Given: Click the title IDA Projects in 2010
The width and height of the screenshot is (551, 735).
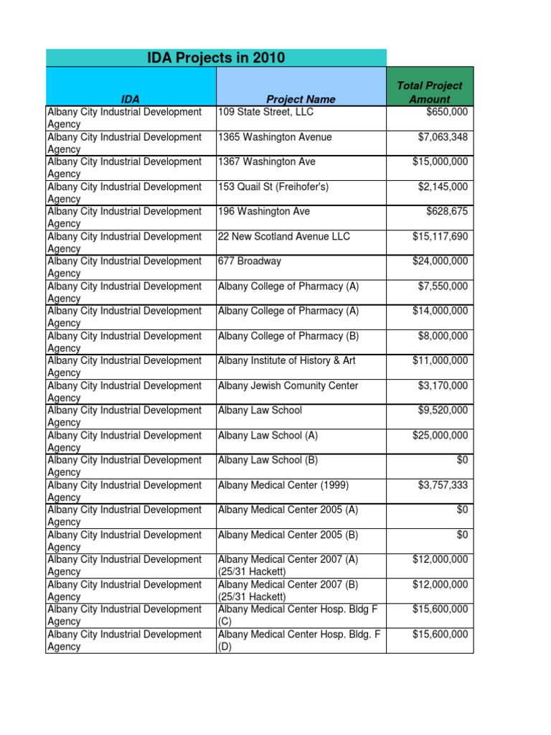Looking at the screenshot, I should (216, 58).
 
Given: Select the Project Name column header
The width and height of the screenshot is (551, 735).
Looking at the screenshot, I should (301, 99).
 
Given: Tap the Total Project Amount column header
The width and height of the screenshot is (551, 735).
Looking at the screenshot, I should (430, 93).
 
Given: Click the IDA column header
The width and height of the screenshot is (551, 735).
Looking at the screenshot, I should (131, 99).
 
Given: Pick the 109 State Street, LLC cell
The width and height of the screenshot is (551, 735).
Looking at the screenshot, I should (265, 112).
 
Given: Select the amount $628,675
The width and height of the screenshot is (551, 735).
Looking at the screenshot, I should (447, 212).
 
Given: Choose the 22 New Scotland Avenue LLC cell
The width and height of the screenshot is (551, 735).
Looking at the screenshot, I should (285, 236).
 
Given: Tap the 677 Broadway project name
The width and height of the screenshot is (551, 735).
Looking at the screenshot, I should (250, 261).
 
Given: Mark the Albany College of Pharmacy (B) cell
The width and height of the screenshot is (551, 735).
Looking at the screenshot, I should (288, 336).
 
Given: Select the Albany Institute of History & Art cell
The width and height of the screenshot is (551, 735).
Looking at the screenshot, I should (287, 360).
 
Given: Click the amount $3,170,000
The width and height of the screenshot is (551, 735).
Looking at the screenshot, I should (443, 385).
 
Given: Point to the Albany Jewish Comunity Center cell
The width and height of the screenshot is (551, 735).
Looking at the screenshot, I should (288, 385).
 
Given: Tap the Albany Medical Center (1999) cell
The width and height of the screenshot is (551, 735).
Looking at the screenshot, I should (283, 485).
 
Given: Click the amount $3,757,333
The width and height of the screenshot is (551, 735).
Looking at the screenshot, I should (443, 485).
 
